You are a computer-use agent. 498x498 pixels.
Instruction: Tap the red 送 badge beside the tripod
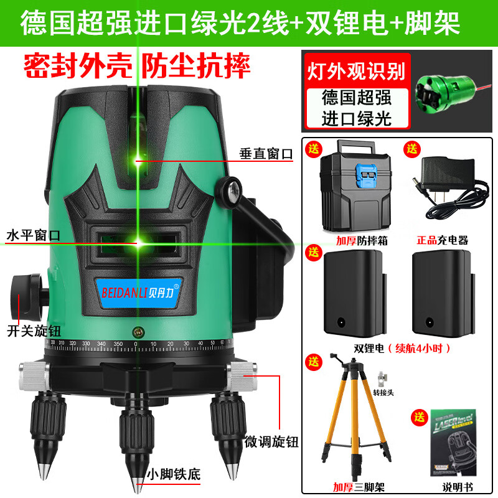(x=312, y=361)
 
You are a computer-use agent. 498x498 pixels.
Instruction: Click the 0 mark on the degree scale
(x=136, y=344)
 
